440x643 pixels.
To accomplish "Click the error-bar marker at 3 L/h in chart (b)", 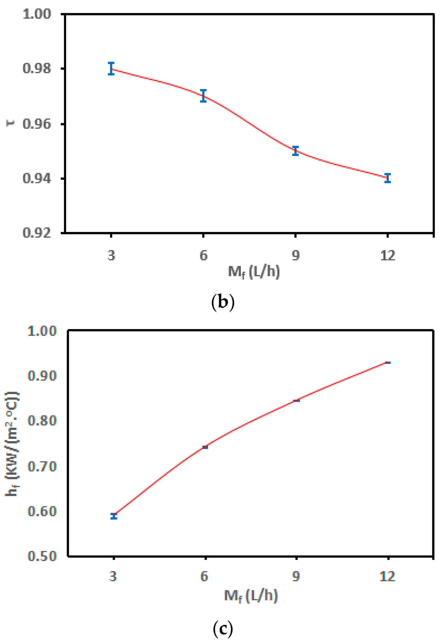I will [x=111, y=68].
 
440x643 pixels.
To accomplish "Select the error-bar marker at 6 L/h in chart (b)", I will [x=203, y=96].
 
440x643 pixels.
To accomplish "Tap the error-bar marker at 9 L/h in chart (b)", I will [x=295, y=151].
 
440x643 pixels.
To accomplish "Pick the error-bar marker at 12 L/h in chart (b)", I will [x=388, y=178].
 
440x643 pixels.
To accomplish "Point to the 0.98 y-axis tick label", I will [x=37, y=68].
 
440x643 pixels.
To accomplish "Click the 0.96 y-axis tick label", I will [x=37, y=124].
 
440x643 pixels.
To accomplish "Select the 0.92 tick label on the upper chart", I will [x=37, y=233].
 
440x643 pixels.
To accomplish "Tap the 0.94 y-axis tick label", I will [x=37, y=178].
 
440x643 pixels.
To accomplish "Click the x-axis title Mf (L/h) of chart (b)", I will [x=254, y=272].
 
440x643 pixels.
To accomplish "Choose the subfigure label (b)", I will [x=223, y=302].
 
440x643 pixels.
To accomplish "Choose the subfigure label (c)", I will [x=223, y=629].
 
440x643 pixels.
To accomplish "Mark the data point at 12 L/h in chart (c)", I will [x=388, y=362].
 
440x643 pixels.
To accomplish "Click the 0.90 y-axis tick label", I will [x=42, y=375].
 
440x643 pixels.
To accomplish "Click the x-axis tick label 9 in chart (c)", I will [x=296, y=576].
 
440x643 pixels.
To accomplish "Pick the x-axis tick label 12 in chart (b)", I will [x=388, y=255].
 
